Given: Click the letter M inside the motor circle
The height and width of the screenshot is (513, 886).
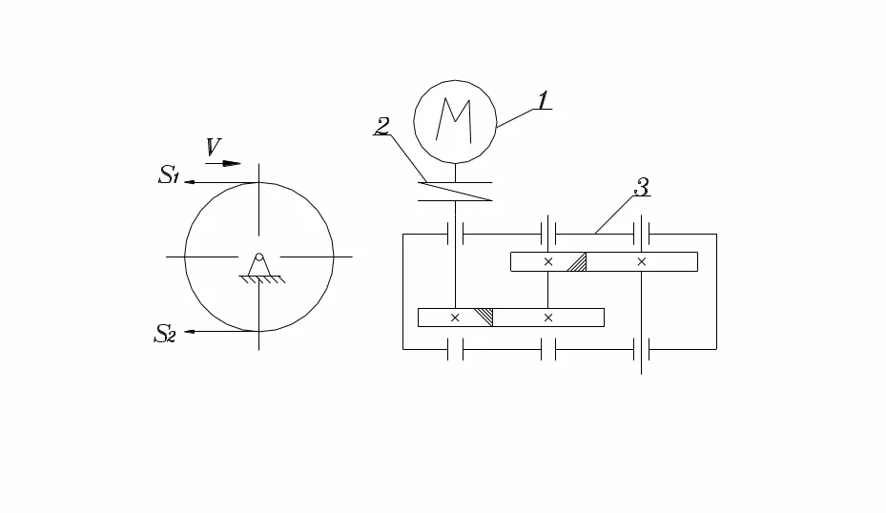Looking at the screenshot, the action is [x=454, y=120].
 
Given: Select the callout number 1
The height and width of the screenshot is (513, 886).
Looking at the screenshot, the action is [x=543, y=100].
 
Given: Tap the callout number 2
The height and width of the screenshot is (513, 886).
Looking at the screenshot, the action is [x=382, y=126].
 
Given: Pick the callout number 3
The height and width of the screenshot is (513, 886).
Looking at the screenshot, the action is [x=641, y=187].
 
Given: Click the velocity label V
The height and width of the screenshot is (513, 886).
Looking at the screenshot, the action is [x=213, y=147].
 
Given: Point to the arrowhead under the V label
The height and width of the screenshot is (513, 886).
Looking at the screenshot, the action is [x=232, y=164].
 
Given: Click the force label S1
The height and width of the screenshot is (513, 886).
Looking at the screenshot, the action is [x=169, y=174].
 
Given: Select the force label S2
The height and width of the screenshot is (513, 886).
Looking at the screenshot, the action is [x=164, y=334].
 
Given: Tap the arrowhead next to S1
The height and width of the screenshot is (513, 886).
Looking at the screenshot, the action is [x=190, y=182].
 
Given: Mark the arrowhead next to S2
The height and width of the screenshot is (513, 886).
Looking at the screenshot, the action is [x=190, y=331].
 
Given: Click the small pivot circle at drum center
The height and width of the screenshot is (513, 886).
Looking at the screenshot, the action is [x=258, y=257].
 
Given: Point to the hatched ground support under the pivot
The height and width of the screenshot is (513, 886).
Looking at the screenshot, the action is [x=261, y=279].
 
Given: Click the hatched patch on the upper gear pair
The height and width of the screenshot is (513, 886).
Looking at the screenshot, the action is [x=577, y=262].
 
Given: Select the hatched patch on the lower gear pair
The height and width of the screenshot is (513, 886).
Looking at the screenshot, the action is [x=484, y=318].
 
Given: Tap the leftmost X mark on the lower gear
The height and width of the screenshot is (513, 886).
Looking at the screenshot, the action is [x=455, y=318].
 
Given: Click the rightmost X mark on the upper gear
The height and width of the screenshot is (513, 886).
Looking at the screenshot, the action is [x=641, y=261].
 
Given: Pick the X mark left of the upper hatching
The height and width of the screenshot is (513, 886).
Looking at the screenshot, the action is [x=548, y=261].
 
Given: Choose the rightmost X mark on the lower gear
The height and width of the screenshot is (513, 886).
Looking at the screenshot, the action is [x=548, y=318].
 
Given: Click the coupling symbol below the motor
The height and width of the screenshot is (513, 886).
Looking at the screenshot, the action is [x=455, y=192].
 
